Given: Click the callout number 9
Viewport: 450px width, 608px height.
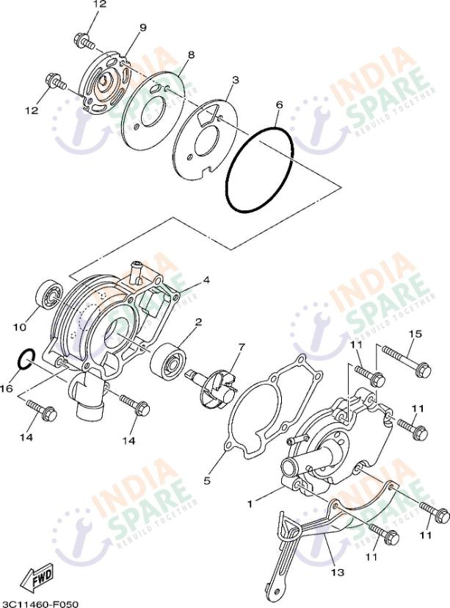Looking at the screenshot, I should tap(142, 28).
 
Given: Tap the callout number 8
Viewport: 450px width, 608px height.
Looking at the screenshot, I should tap(191, 55).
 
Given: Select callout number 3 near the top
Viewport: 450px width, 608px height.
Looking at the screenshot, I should tap(235, 79).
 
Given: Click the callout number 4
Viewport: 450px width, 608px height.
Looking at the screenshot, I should tap(207, 281).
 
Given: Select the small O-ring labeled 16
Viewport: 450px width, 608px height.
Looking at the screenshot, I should tap(25, 359).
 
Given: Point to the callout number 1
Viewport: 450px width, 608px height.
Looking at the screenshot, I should tap(250, 504).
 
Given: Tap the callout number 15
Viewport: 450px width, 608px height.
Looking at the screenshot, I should tap(415, 335).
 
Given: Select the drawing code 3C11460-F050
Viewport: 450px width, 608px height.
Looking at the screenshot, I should tap(40, 603).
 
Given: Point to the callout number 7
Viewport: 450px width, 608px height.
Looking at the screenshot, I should tap(242, 346).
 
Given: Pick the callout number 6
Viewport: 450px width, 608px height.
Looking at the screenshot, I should tap(279, 105).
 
